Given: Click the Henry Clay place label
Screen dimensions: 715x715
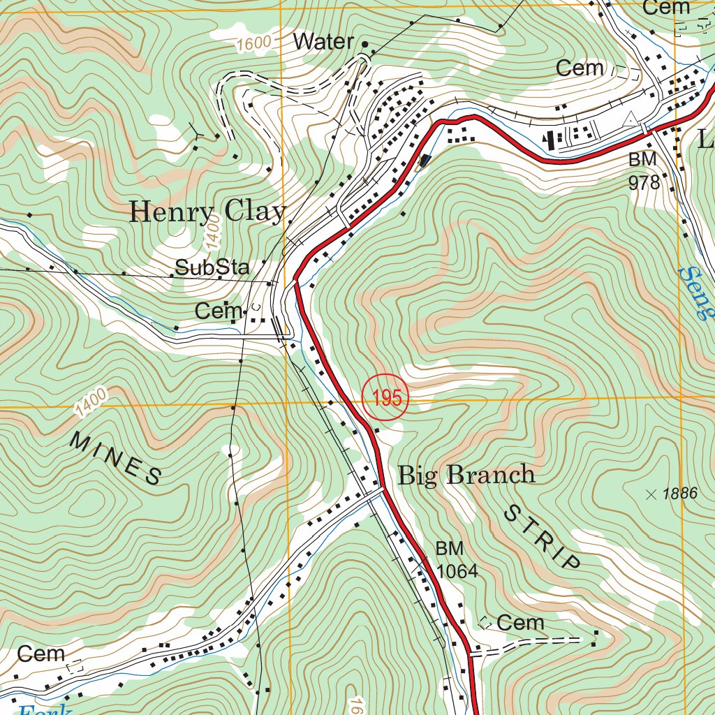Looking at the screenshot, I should [x=207, y=212].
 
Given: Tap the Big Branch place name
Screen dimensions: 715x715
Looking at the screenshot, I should [x=466, y=475].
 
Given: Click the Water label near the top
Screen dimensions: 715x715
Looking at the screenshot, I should [x=323, y=42].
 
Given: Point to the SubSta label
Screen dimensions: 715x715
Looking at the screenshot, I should [x=212, y=267].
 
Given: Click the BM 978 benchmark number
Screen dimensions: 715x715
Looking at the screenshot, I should [x=644, y=183].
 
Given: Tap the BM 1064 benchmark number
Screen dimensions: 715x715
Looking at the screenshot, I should [x=457, y=571].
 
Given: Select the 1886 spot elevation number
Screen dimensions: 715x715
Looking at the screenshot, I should [x=680, y=494].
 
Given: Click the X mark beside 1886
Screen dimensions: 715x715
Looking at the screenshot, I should [x=651, y=494].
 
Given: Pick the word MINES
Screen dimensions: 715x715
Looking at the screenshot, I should [x=116, y=458].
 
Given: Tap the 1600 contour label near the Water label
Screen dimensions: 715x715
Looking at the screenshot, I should [x=253, y=44].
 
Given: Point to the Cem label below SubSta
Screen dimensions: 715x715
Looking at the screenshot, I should [x=219, y=311].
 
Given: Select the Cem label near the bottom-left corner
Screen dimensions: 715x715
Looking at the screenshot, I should [x=41, y=654].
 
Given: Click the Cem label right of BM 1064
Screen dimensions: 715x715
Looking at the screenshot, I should [x=521, y=622].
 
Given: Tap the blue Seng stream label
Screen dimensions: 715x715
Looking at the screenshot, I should [x=695, y=292].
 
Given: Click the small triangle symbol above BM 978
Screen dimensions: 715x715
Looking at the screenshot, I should [x=632, y=118].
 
